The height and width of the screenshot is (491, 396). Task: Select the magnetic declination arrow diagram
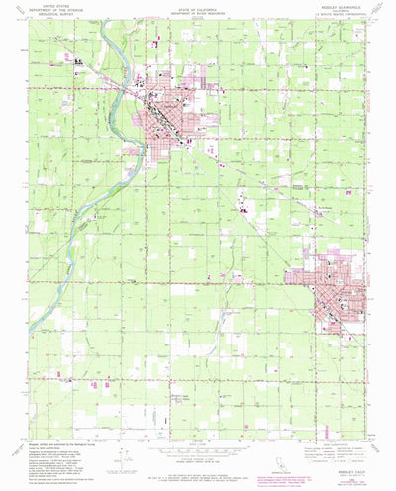(120, 464)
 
